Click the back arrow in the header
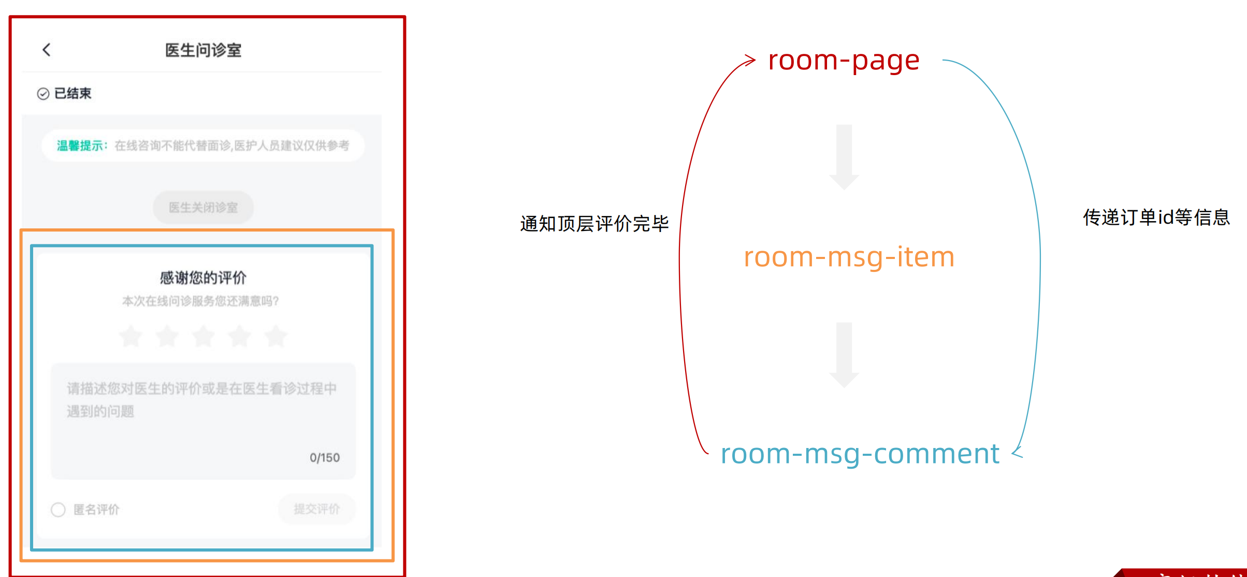47,50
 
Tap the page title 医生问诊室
203,50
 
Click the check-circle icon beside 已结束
43,94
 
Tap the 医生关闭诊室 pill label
203,208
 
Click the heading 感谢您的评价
203,278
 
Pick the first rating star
130,336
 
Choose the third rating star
204,336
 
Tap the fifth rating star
276,336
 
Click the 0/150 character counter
325,458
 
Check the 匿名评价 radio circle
58,510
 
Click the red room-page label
844,61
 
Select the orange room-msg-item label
849,257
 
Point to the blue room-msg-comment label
860,454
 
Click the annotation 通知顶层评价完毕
594,224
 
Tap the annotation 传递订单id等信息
1156,218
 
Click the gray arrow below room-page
844,156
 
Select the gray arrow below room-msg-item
844,354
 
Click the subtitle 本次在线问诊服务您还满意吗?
200,301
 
